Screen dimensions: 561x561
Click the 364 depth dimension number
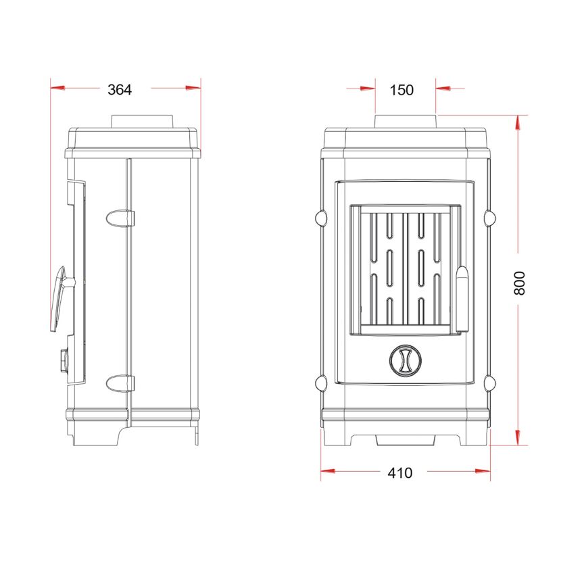[120, 89]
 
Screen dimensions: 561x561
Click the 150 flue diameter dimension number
[401, 90]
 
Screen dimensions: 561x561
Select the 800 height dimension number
[519, 283]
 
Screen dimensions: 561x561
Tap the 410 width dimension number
[399, 473]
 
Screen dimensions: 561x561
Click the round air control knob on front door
[405, 360]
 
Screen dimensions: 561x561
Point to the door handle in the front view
[462, 299]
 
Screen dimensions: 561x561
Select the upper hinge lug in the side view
[120, 218]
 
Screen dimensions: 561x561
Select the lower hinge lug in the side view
[120, 383]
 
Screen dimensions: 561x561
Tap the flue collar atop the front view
[406, 121]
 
